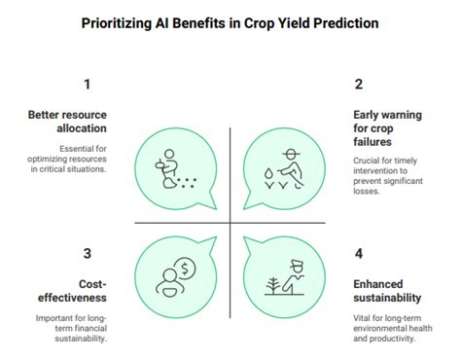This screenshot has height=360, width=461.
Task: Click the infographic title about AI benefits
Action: pos(230,22)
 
